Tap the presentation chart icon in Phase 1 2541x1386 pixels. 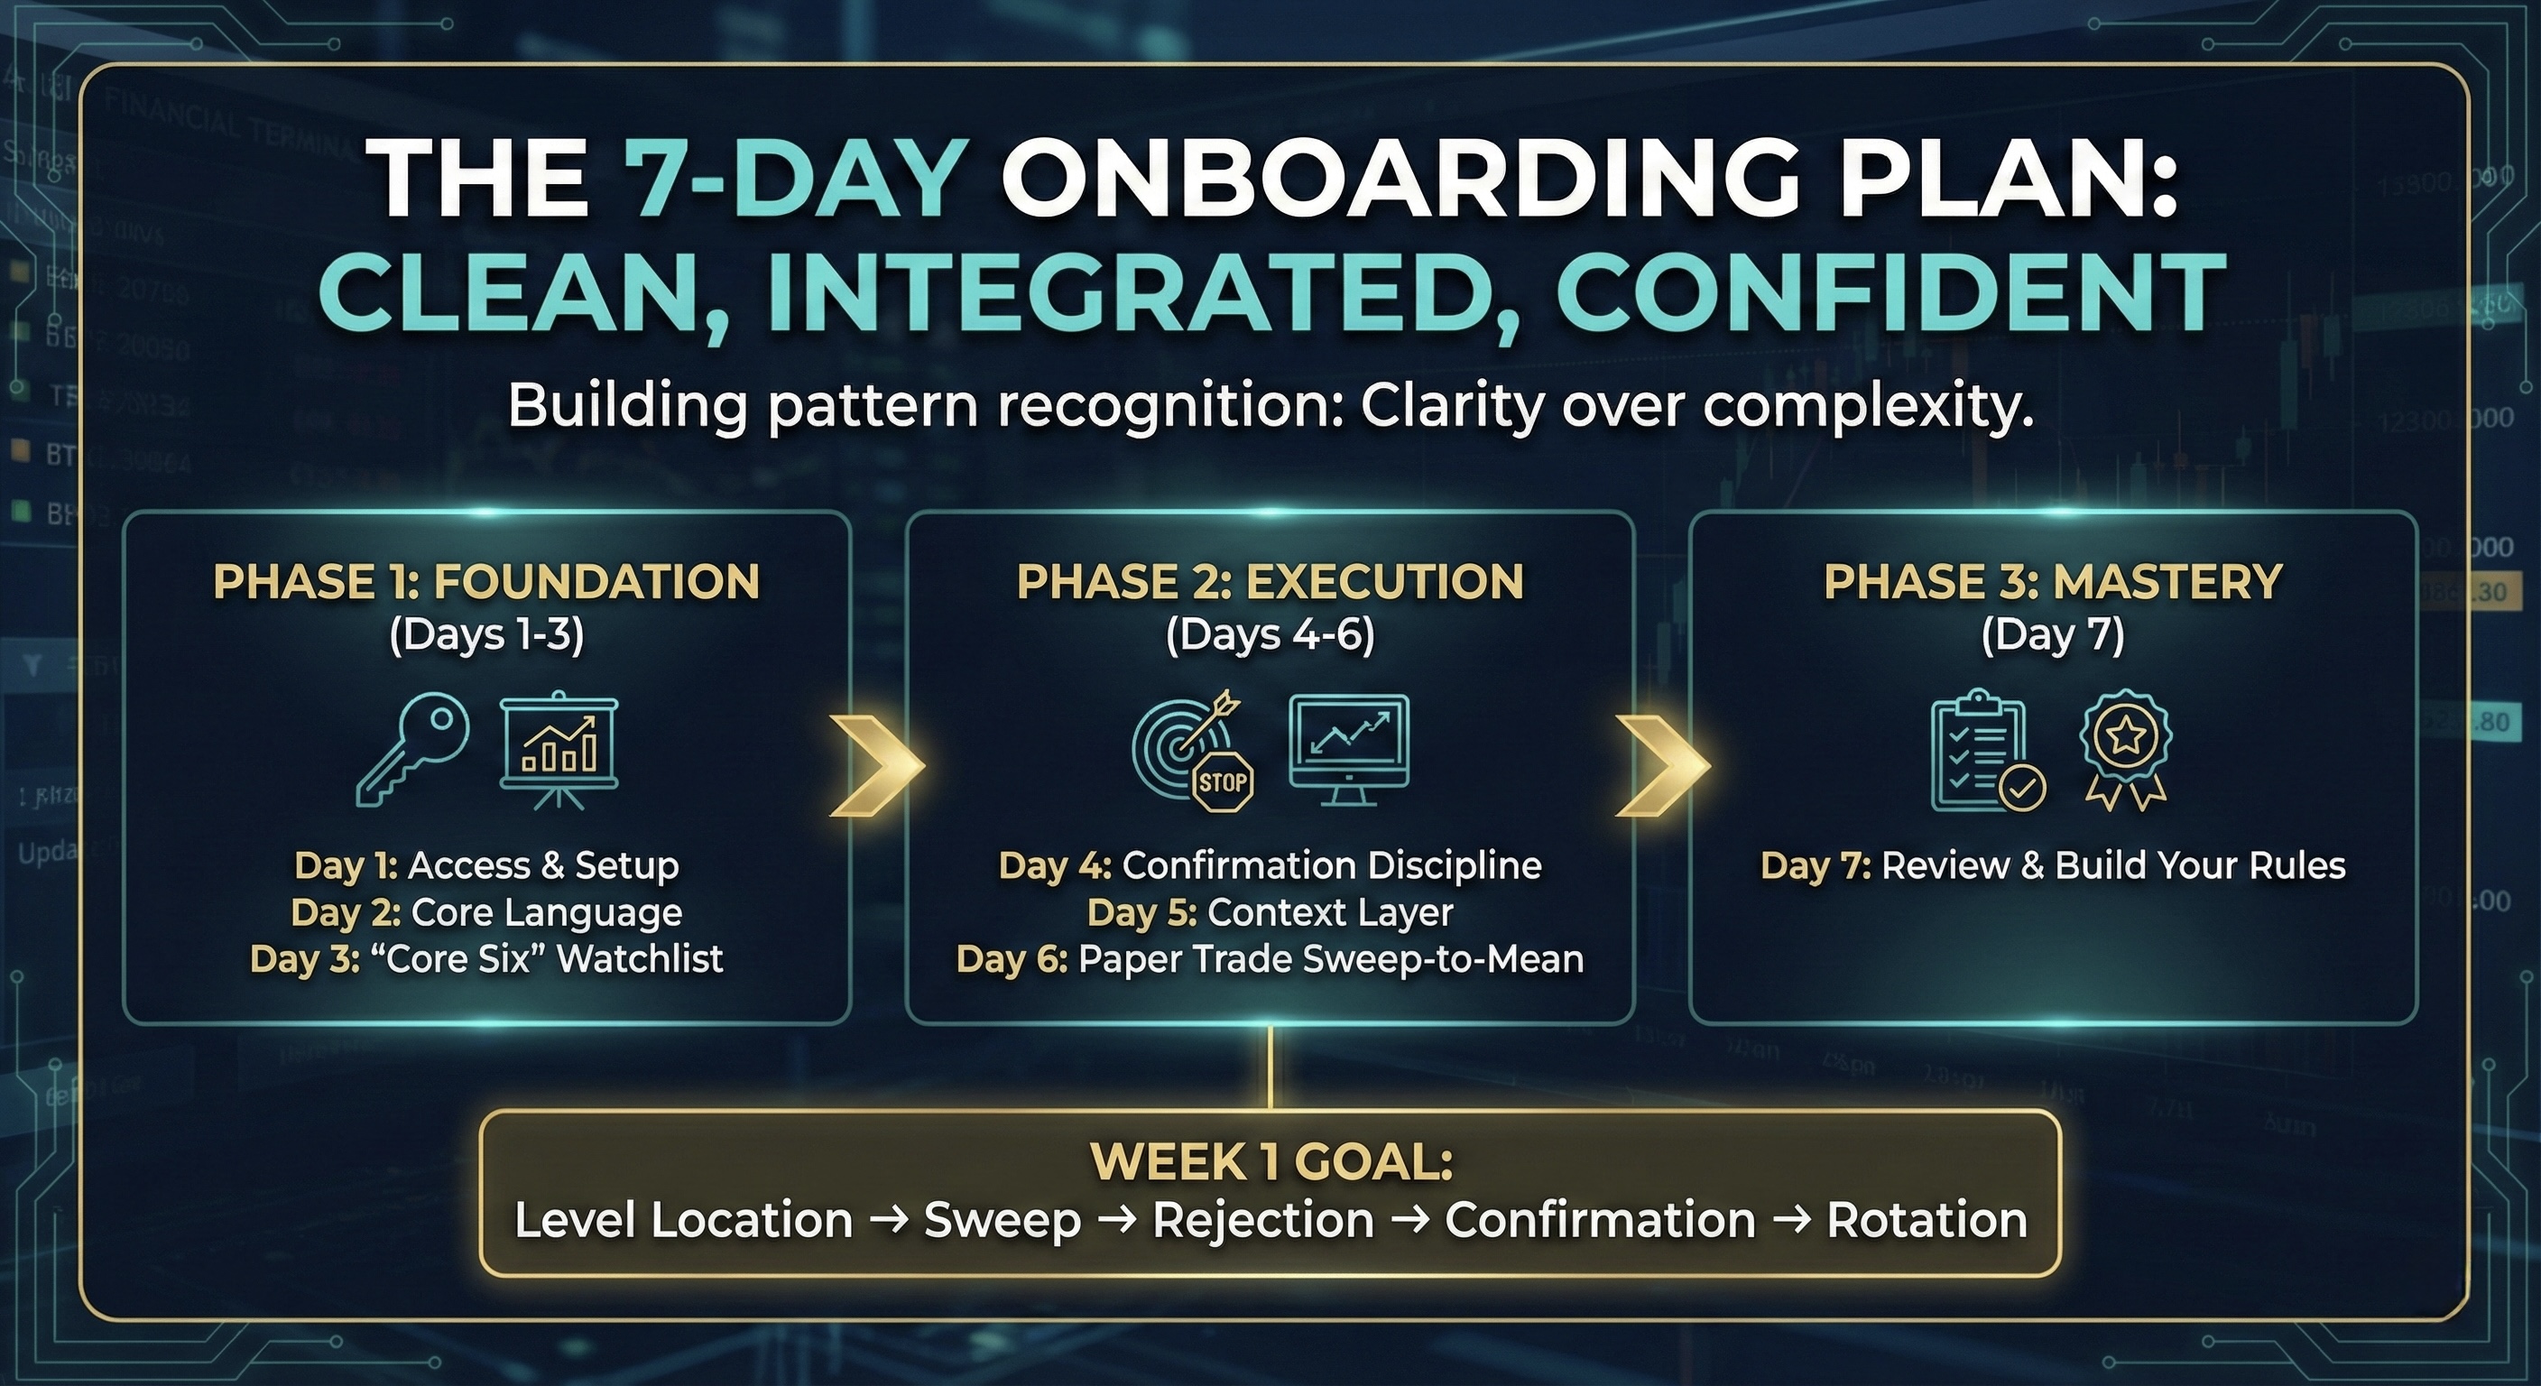pyautogui.click(x=559, y=750)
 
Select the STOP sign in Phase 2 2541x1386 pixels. pyautogui.click(x=1224, y=782)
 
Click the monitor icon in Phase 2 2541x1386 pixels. pyautogui.click(x=1349, y=750)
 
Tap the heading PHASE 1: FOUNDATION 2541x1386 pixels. pyautogui.click(x=486, y=582)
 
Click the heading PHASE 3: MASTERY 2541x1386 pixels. pyautogui.click(x=2053, y=582)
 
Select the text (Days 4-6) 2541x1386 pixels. pyautogui.click(x=1270, y=634)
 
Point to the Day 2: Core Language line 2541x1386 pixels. pyautogui.click(x=486, y=912)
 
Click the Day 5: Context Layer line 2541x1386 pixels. pyautogui.click(x=1270, y=912)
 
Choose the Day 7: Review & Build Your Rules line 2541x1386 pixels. pyautogui.click(x=2053, y=865)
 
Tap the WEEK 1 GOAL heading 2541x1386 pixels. pyautogui.click(x=1270, y=1162)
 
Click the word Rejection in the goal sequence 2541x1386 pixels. pyautogui.click(x=1262, y=1220)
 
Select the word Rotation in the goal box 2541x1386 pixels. pyautogui.click(x=1927, y=1220)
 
